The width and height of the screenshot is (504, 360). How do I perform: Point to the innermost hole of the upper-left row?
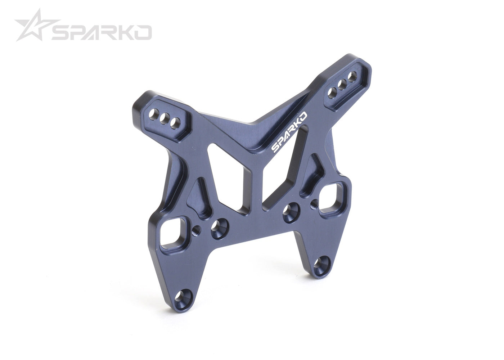[176, 122]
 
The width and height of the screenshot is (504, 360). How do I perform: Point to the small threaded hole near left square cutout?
[197, 228]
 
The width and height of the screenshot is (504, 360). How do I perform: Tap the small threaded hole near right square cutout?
[314, 204]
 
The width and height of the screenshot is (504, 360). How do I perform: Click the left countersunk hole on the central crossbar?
[218, 226]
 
